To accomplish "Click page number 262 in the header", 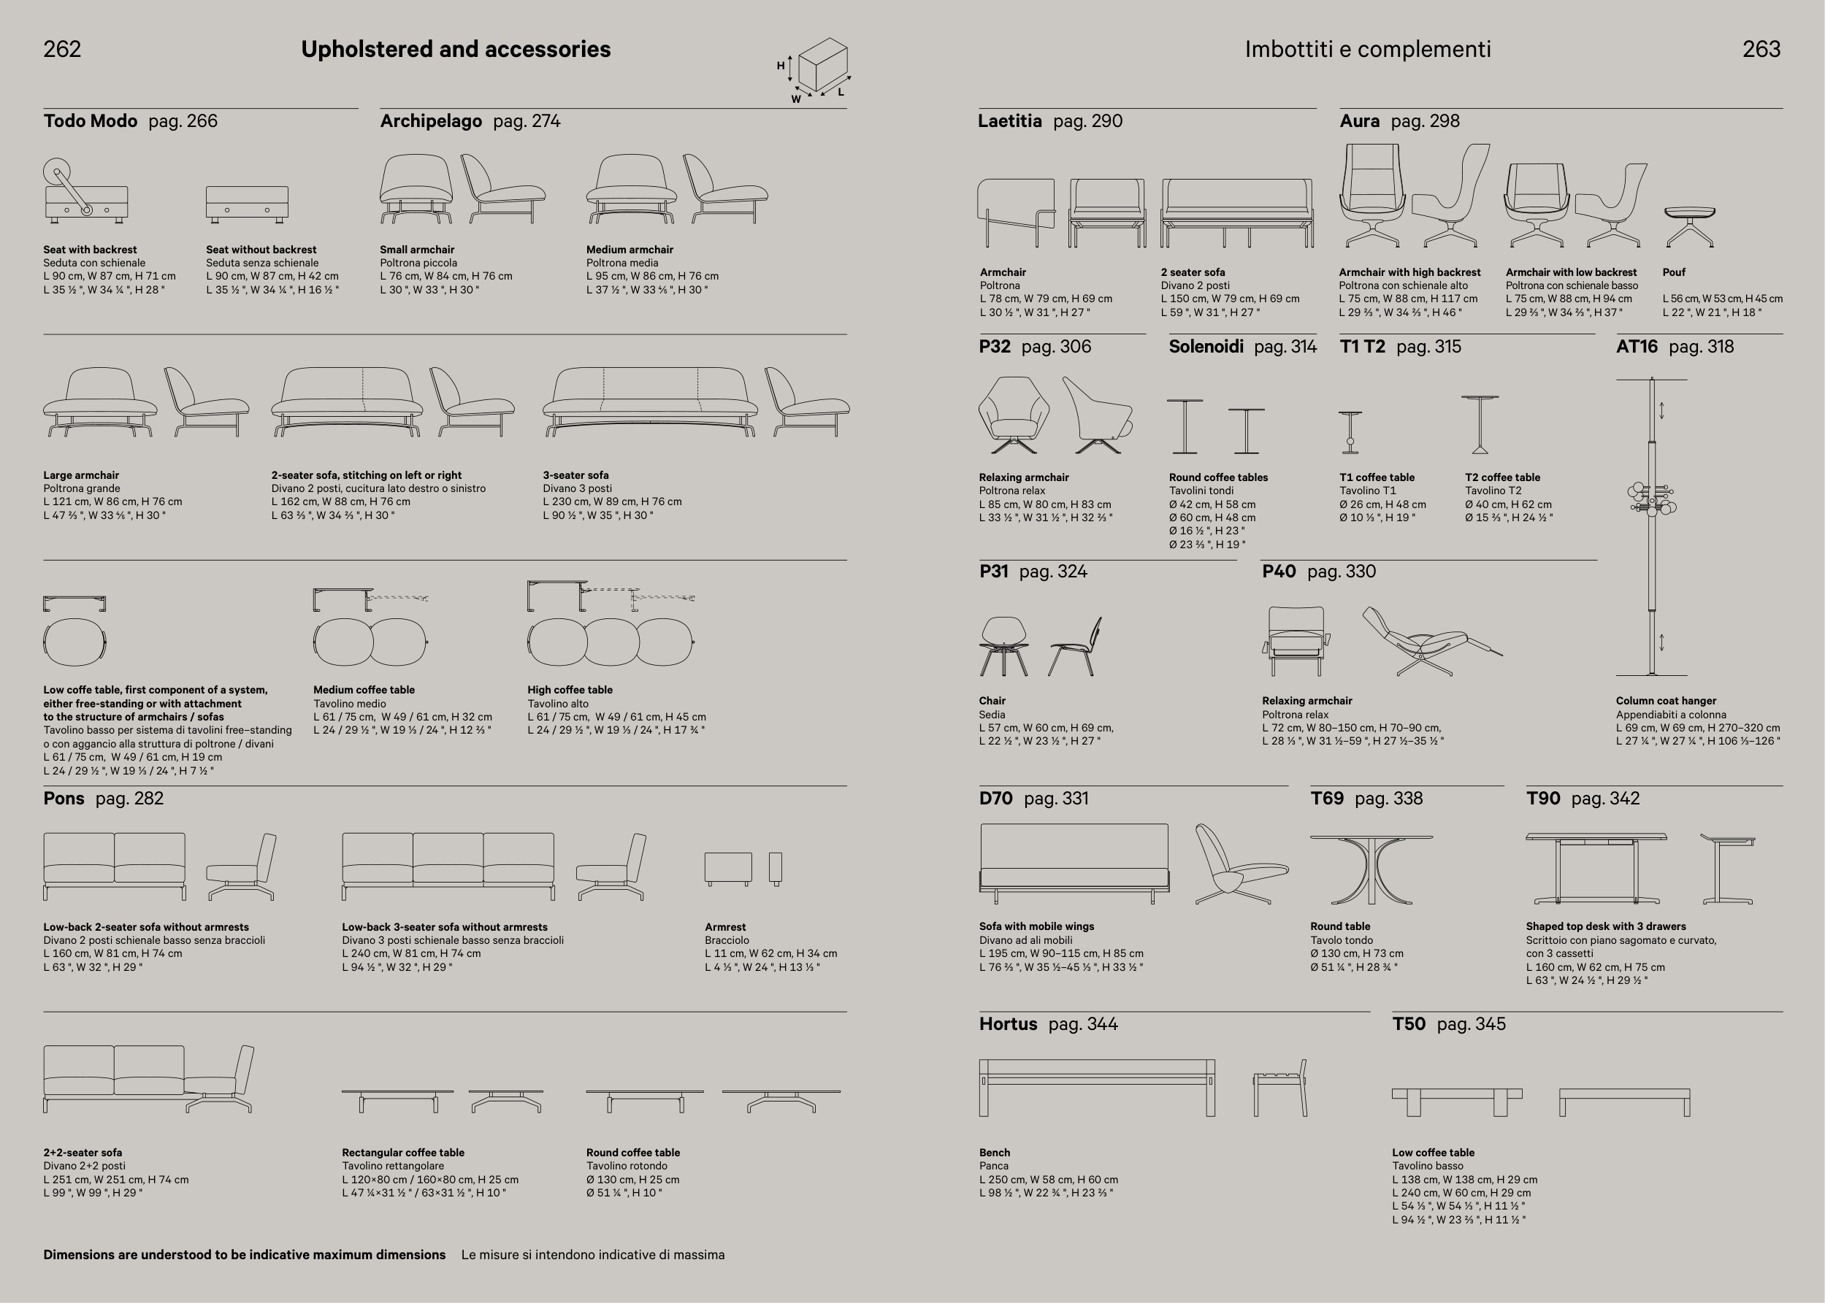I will tap(62, 49).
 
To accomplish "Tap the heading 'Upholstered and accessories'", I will tap(455, 49).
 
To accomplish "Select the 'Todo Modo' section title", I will tap(90, 121).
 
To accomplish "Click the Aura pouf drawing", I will tap(1689, 225).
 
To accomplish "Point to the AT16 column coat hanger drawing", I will tap(1652, 526).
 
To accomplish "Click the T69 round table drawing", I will tap(1371, 869).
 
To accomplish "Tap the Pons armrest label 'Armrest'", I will tap(724, 927).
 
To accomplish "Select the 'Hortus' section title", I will tap(1007, 1023).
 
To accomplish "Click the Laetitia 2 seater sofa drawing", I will tap(1236, 212).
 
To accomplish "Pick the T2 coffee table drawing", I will tap(1480, 424).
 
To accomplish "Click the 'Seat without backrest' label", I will tap(261, 250).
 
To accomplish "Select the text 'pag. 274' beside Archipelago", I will tap(527, 121).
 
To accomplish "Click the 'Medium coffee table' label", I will tap(364, 689).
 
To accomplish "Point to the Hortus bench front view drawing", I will tap(1096, 1087).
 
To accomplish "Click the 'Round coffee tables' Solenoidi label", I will tap(1218, 477).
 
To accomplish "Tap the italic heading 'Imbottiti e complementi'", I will tap(1368, 49).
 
